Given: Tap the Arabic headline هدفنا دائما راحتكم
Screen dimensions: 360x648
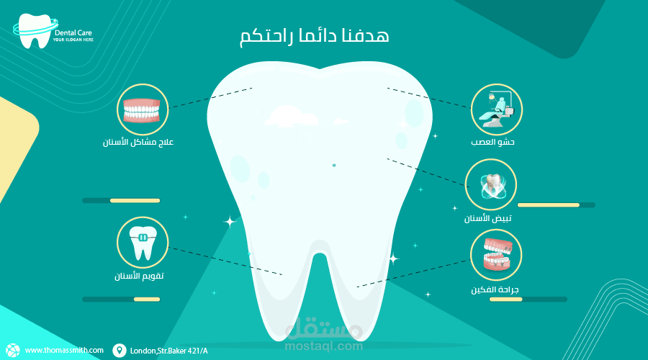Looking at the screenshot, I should (313, 37).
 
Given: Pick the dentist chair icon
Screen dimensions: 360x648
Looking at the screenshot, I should (497, 109).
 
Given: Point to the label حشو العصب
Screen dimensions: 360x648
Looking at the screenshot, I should (498, 143).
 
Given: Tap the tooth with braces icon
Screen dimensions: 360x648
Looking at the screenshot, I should (143, 243).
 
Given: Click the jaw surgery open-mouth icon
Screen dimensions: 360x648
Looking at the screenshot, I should (496, 255).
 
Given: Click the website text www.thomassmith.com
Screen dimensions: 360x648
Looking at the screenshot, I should (64, 351).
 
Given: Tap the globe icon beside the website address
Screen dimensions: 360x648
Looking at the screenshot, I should (15, 350).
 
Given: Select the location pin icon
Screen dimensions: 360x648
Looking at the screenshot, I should (119, 351).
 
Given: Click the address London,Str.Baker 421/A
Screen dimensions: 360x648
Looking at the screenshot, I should (169, 351).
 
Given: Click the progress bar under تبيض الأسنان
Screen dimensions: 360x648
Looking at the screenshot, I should (556, 205).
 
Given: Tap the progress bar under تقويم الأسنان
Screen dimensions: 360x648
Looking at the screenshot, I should (121, 299).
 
